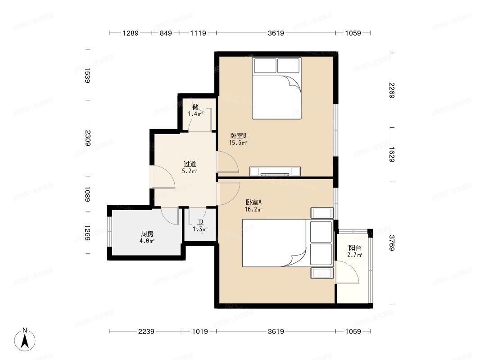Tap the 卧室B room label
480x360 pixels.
[x=238, y=135]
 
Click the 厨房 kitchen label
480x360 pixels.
[x=147, y=234]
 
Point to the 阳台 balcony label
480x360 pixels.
[x=355, y=247]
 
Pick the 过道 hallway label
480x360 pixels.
[x=190, y=164]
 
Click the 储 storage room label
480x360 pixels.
[x=195, y=107]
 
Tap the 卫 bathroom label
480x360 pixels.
[x=200, y=223]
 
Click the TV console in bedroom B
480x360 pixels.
[x=275, y=171]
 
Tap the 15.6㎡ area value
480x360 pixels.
[x=238, y=143]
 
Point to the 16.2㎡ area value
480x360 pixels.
[x=254, y=209]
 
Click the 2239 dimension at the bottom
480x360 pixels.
[x=146, y=332]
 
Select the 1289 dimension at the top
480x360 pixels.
[x=131, y=33]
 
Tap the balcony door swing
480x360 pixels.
[x=348, y=272]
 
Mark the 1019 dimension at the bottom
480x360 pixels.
[x=199, y=332]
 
